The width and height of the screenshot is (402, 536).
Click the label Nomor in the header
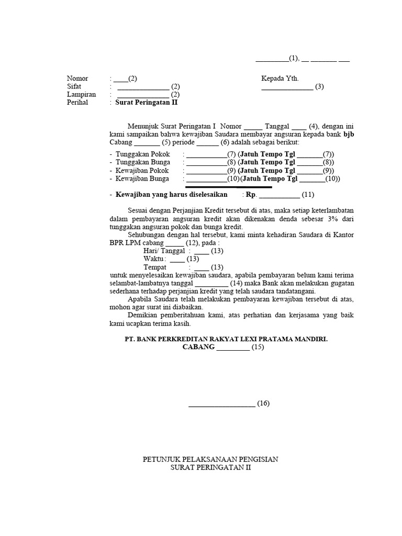click(x=77, y=79)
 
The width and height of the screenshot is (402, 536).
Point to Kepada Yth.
click(x=280, y=79)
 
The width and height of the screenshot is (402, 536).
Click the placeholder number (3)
click(x=319, y=86)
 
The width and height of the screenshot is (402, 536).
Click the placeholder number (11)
click(x=308, y=195)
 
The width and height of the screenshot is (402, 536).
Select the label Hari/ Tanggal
click(x=164, y=251)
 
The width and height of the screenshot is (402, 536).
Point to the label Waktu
click(x=154, y=259)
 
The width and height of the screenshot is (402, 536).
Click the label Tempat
click(x=155, y=267)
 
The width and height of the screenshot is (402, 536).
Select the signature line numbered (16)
click(x=222, y=403)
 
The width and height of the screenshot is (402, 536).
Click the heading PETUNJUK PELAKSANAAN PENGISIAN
click(x=210, y=459)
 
